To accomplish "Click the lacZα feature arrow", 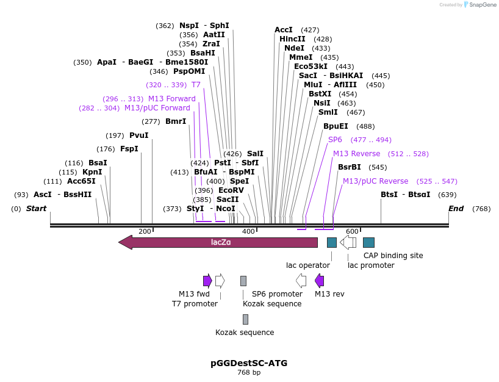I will tap(220, 242).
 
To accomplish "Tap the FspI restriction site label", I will tap(129, 149).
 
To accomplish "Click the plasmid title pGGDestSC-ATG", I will tap(249, 363).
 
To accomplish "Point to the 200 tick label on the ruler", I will tap(145, 231).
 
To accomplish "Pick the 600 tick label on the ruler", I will tap(352, 231).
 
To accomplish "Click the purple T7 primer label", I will tap(196, 85).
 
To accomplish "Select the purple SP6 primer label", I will tap(335, 140).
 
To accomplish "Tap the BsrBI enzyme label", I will tap(350, 167).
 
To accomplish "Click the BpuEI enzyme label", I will tap(336, 126).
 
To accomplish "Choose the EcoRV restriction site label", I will tap(231, 190).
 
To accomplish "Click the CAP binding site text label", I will tap(393, 256).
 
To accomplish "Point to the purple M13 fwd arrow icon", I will tap(207, 281).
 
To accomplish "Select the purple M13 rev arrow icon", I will tap(319, 281).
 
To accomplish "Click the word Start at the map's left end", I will tap(36, 209).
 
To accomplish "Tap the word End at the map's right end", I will tap(456, 209).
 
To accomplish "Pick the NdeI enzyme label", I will tap(294, 48).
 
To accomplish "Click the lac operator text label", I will tap(308, 265).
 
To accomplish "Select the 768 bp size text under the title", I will tap(249, 372).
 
